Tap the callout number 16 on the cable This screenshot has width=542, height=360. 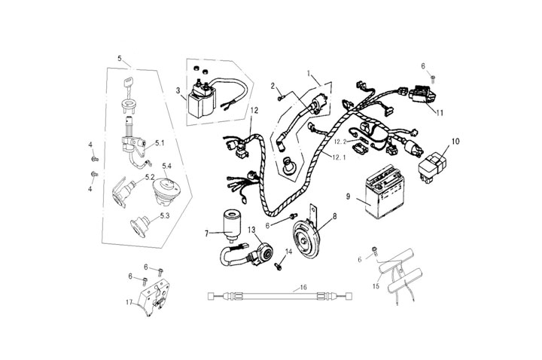pos(303,287)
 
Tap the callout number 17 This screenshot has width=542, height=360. pos(129,303)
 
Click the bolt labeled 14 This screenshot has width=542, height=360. pos(280,260)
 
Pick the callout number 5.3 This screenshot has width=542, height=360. pos(165,215)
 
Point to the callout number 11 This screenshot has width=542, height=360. pos(440,112)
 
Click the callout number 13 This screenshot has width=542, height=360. pos(251,229)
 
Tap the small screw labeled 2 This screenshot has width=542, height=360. pos(279,96)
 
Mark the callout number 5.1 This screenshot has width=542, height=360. pos(160,142)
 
